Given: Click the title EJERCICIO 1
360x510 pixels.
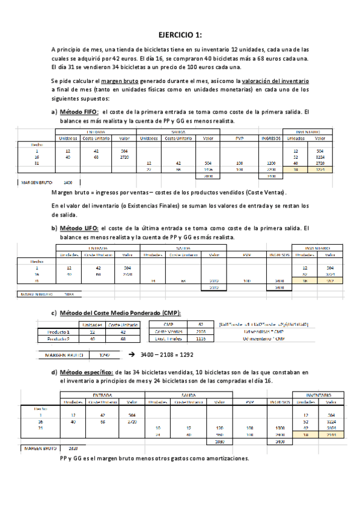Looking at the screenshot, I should (180, 34).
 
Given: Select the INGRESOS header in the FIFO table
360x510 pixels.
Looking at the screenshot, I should (270, 138).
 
